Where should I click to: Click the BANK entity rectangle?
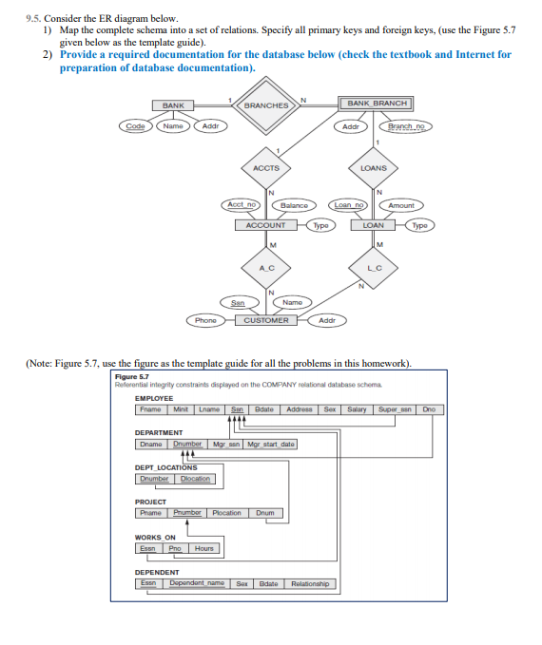[x=173, y=104]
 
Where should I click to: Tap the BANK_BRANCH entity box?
[x=377, y=103]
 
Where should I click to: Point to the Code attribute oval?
[x=133, y=125]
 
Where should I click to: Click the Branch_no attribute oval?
[x=406, y=125]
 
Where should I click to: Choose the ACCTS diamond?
[x=265, y=168]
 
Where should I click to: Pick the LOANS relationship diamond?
[x=374, y=168]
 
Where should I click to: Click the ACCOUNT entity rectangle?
[x=266, y=226]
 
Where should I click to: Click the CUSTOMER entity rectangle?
[x=266, y=320]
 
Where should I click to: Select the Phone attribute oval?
[x=205, y=320]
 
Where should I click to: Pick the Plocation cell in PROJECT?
[x=226, y=513]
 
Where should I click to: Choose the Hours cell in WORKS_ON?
[x=203, y=548]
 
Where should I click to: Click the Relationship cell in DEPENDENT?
[x=311, y=583]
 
